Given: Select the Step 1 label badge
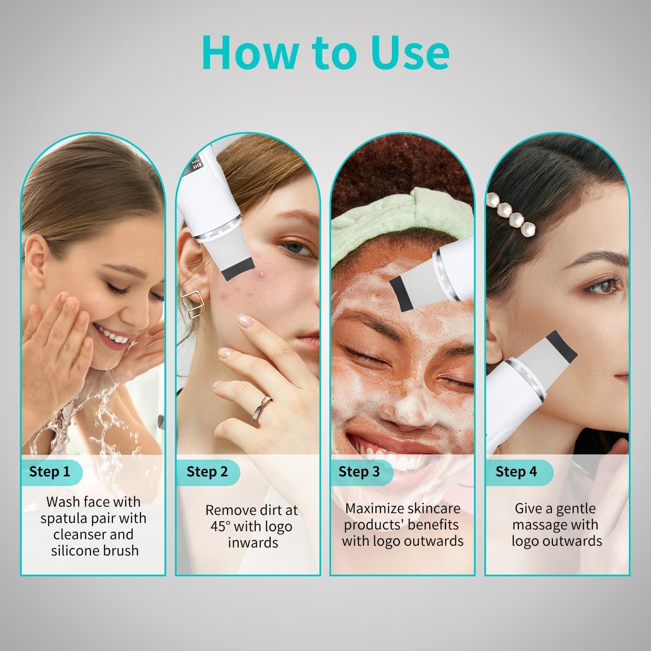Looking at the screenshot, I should (x=50, y=472).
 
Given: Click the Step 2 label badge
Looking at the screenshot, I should (x=207, y=472).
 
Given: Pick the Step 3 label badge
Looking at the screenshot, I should (x=359, y=472).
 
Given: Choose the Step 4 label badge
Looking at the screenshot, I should (x=516, y=472).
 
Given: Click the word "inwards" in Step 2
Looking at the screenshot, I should (x=253, y=543).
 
